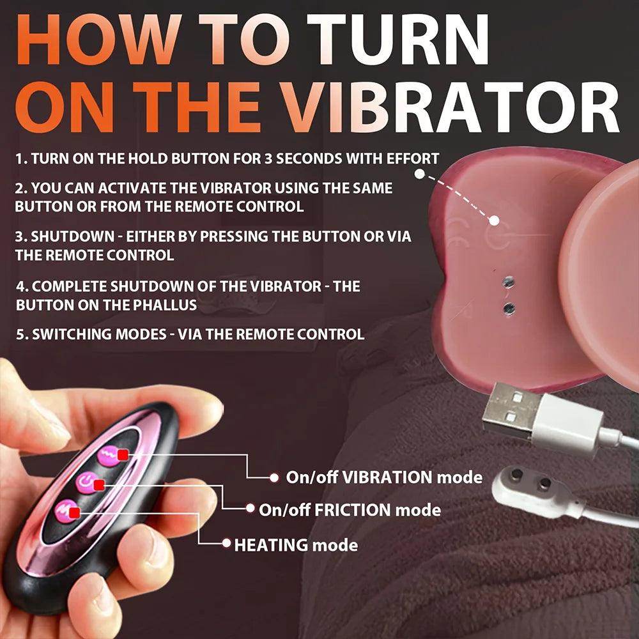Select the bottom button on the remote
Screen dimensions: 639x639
(x=66, y=509)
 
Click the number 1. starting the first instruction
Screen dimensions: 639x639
(x=20, y=159)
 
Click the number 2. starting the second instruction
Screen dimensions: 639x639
(x=22, y=189)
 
